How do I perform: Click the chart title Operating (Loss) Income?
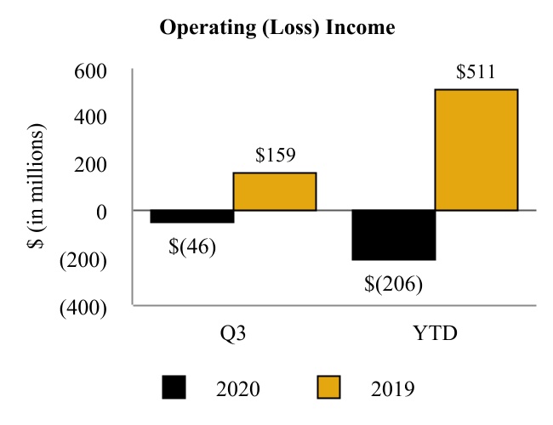(277, 28)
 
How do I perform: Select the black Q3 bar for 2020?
(191, 217)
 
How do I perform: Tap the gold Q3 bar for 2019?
(275, 191)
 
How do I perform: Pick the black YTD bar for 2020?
(394, 235)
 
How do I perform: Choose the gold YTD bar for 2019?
(476, 150)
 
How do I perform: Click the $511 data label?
(476, 72)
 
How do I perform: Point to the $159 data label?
(275, 156)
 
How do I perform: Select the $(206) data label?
(394, 283)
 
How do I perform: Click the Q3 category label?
(233, 332)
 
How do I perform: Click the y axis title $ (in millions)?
(35, 187)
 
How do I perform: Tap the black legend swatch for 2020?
(175, 388)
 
